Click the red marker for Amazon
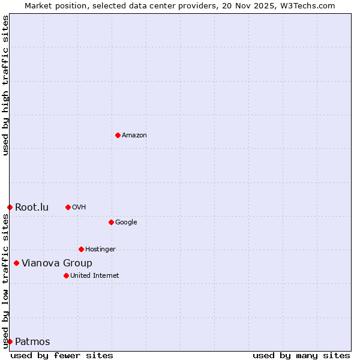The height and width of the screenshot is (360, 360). (x=118, y=135)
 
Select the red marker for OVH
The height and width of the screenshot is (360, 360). (x=68, y=207)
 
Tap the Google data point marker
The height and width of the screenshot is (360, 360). (x=111, y=222)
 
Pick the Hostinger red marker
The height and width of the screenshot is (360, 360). (x=81, y=249)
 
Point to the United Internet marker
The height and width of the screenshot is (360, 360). (x=66, y=275)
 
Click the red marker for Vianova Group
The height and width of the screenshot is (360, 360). (x=16, y=263)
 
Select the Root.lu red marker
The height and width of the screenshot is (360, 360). (x=10, y=207)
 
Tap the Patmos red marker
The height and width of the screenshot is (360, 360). (x=10, y=341)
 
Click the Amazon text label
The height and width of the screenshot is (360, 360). (x=134, y=136)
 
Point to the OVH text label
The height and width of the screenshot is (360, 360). (x=79, y=208)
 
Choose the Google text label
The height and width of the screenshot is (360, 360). (x=126, y=223)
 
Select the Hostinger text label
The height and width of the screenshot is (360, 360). (x=100, y=250)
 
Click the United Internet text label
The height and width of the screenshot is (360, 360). (x=94, y=276)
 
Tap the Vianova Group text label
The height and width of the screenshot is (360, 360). (x=57, y=263)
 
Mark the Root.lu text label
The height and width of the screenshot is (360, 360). (x=32, y=208)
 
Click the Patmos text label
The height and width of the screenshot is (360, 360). (x=32, y=342)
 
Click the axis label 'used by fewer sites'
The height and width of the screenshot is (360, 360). (x=62, y=356)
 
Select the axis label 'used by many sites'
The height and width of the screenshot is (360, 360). (x=301, y=356)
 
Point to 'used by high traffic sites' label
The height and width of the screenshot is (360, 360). (x=5, y=86)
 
